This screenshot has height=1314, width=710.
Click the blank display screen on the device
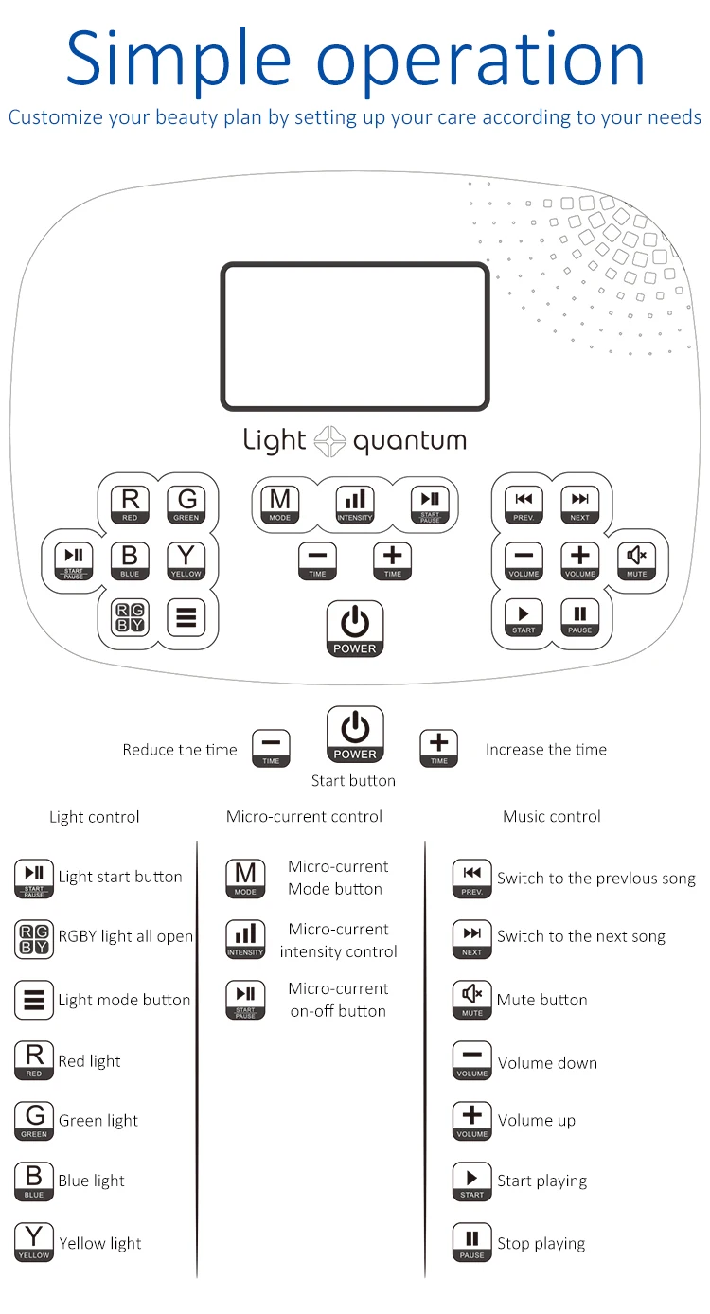355,336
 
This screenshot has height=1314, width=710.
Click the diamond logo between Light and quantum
329,441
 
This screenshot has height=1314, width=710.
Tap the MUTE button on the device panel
636,560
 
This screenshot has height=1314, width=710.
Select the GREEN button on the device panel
186,505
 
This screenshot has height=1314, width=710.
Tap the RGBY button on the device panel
130,617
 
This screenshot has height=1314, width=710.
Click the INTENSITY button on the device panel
354,505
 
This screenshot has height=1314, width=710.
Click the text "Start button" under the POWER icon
353,781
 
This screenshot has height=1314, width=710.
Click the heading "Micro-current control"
304,817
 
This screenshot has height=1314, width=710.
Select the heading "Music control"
552,817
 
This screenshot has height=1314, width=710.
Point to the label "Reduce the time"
180,750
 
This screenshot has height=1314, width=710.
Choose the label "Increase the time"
546,750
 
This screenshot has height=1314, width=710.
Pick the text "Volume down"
547,1063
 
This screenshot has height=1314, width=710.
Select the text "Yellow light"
100,1243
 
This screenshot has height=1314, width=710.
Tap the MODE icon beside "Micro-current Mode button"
245,879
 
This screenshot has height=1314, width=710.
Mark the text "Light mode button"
124,1000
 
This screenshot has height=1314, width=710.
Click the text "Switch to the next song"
581,936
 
